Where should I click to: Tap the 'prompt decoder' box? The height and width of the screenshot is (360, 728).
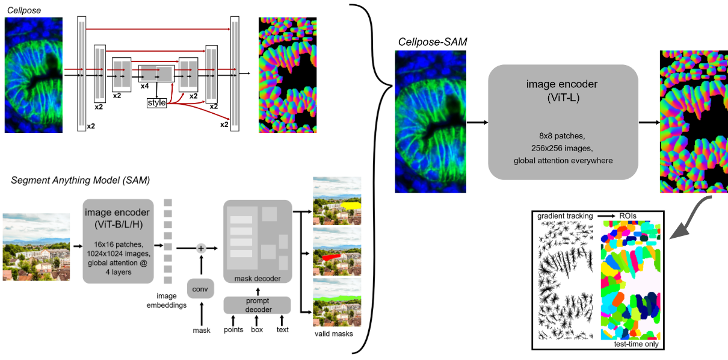point(258,305)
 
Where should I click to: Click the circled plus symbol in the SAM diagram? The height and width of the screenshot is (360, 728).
point(201,247)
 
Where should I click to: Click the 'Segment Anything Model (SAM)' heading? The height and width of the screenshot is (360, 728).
point(81,180)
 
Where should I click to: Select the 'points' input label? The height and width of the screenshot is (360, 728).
point(233,329)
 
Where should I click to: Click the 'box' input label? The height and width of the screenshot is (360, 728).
point(258,329)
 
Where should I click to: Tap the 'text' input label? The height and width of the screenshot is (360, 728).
point(282,329)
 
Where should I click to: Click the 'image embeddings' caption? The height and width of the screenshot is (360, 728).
point(166,300)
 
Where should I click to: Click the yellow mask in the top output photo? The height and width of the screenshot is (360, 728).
point(348,205)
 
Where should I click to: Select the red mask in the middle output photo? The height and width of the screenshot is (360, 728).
point(332,256)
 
